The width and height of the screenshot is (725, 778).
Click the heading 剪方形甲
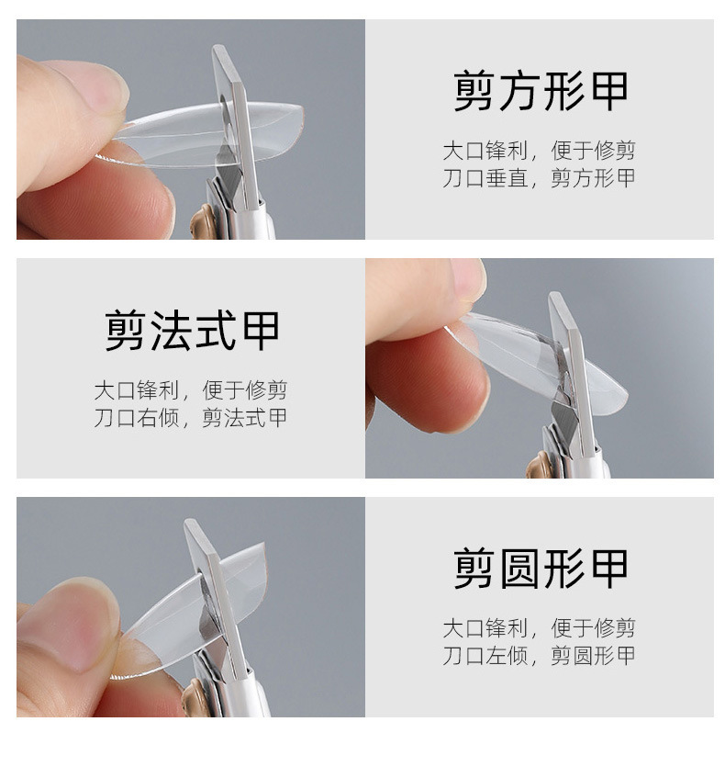point(541,90)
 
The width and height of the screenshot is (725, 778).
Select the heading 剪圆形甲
point(541,569)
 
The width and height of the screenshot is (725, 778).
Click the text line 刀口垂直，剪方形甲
point(539,178)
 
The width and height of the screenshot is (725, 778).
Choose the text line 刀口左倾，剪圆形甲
point(539,656)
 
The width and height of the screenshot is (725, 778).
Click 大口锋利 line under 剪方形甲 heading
point(539,151)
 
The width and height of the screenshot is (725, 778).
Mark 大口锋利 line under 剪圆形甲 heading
point(539,629)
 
